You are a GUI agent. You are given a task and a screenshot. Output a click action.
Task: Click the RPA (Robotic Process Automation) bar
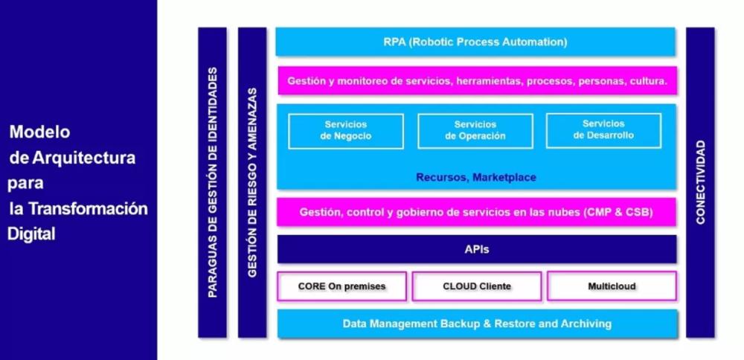[x=475, y=42]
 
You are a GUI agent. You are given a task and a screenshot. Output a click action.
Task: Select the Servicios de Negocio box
[x=346, y=131]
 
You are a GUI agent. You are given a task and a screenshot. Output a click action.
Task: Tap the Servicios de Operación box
[x=475, y=131]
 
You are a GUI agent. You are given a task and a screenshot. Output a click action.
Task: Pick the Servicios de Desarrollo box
[x=603, y=130]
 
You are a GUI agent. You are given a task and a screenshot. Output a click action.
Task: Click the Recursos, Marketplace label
[x=476, y=177]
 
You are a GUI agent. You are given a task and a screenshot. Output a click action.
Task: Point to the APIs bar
[x=476, y=249]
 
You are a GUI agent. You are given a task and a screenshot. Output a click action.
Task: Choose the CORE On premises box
[x=341, y=286]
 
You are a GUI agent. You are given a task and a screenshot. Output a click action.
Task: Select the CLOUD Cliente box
[x=476, y=286]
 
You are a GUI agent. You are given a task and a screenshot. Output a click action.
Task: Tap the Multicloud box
[x=612, y=286]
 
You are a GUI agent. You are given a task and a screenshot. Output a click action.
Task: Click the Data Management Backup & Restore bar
[x=477, y=324]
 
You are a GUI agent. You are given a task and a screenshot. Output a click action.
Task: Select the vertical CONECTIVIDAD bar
[x=700, y=182]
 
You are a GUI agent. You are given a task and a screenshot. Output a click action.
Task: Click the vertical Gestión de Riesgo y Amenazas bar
[x=252, y=182]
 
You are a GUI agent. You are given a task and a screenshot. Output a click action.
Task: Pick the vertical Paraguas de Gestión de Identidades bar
[x=212, y=182]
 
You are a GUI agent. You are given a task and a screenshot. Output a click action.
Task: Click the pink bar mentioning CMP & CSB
[x=476, y=212]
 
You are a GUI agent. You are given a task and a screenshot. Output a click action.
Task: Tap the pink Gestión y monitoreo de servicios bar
[x=477, y=80]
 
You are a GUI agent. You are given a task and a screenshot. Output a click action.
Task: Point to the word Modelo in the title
[x=40, y=132]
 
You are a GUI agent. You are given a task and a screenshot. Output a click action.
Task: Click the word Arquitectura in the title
[x=83, y=158]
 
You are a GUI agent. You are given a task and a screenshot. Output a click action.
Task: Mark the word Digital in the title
[x=31, y=234]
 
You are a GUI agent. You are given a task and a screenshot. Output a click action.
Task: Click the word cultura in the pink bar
[x=649, y=80]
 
